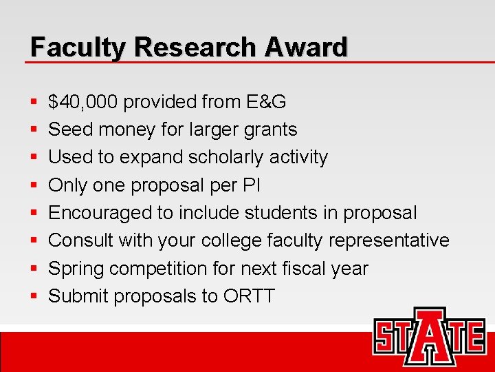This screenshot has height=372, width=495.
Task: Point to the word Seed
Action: pyautogui.click(x=69, y=130)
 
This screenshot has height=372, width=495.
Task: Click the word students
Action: pyautogui.click(x=278, y=213)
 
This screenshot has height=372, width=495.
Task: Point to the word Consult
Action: pyautogui.click(x=80, y=240)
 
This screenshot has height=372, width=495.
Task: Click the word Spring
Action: pyautogui.click(x=76, y=268)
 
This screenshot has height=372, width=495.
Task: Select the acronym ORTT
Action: pyautogui.click(x=249, y=296)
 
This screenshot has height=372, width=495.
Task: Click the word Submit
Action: pyautogui.click(x=78, y=296)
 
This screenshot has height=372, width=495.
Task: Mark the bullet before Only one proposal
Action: pyautogui.click(x=34, y=186)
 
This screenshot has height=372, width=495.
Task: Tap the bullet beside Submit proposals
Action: pyautogui.click(x=34, y=297)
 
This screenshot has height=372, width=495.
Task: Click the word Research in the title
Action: pyautogui.click(x=196, y=47)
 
